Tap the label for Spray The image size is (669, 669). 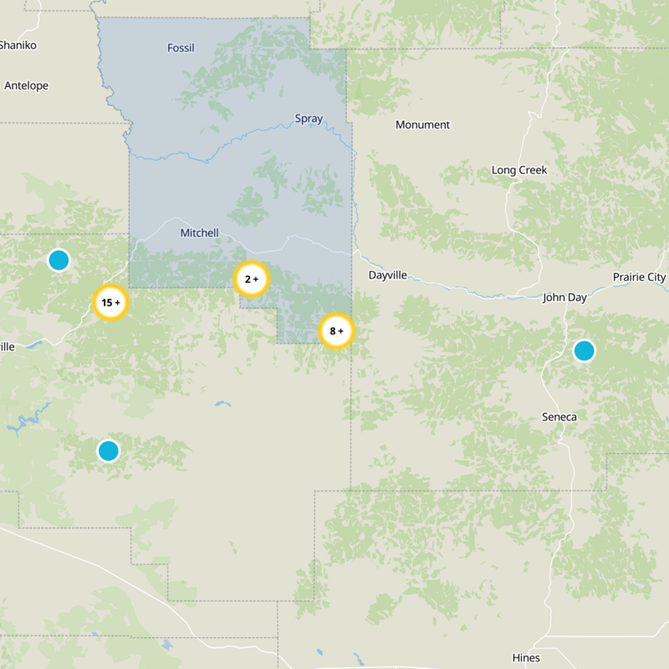tap(309, 119)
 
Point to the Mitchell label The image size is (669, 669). tap(199, 233)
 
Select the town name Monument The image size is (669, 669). tap(422, 125)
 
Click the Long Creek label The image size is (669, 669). tap(518, 170)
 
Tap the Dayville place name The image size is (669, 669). tap(387, 274)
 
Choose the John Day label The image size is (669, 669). tap(564, 297)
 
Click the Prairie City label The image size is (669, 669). tap(639, 277)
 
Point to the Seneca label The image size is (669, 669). tap(559, 417)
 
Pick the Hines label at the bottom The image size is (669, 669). tap(526, 657)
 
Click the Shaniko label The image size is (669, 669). tap(18, 45)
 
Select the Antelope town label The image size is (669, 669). tap(26, 85)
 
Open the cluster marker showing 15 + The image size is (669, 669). tap(110, 303)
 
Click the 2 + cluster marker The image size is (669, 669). tap(250, 279)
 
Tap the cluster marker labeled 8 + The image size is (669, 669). tap(336, 331)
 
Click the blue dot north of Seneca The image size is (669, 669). tap(584, 350)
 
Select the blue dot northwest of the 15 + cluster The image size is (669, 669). tap(58, 260)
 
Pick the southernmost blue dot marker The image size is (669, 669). tap(108, 451)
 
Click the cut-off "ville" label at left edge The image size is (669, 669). tap(8, 347)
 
